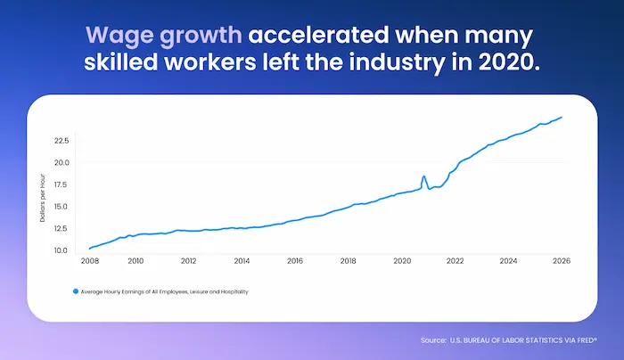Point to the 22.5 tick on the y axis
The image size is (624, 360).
(x=61, y=141)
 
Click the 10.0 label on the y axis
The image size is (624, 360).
(x=61, y=250)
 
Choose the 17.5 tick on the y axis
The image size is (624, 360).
(x=61, y=184)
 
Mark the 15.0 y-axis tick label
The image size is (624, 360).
(x=61, y=207)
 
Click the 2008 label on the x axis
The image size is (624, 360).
(x=89, y=262)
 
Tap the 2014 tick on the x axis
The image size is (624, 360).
(x=242, y=262)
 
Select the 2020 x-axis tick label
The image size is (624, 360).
(x=402, y=262)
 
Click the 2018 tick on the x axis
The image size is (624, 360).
(x=349, y=262)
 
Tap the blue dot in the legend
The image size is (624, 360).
(x=75, y=291)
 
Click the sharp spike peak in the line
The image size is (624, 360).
(x=424, y=176)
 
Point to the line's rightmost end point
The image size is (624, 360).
(x=562, y=117)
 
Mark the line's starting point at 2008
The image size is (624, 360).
(x=89, y=248)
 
